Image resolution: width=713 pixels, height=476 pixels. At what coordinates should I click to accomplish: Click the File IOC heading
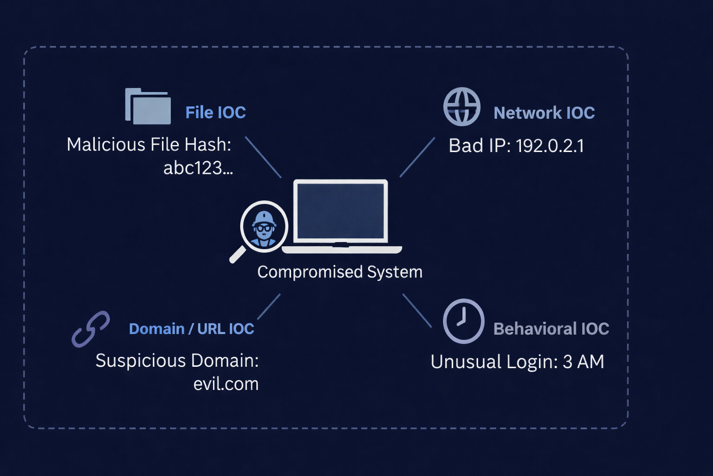[215, 112]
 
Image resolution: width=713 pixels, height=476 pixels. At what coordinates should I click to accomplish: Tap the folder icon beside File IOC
[148, 106]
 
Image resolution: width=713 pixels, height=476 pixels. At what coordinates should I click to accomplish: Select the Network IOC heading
[544, 113]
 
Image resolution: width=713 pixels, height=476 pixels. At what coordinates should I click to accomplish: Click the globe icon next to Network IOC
[462, 107]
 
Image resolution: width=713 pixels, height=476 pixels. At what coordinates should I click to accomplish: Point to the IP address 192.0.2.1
[550, 146]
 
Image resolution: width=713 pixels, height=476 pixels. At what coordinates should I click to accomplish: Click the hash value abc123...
[198, 168]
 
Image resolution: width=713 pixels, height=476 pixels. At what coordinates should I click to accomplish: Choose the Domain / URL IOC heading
[191, 329]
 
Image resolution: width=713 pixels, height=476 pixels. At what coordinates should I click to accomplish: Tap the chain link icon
[91, 329]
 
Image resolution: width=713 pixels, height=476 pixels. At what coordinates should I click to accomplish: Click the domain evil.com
[226, 384]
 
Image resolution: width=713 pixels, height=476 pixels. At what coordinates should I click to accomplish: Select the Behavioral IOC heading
[551, 329]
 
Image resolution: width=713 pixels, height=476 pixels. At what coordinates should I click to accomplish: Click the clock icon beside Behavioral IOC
[463, 321]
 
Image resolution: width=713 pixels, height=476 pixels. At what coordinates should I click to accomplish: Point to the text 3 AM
[583, 362]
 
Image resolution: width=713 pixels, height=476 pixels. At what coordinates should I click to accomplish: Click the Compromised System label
[340, 272]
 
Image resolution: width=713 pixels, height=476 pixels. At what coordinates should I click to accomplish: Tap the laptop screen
[341, 211]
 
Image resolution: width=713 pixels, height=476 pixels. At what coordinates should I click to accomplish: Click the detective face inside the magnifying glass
[264, 227]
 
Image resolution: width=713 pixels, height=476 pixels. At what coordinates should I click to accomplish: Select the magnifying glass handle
[238, 254]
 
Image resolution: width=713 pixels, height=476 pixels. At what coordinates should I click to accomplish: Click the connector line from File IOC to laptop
[263, 157]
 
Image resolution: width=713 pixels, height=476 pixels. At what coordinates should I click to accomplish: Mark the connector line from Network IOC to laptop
[417, 157]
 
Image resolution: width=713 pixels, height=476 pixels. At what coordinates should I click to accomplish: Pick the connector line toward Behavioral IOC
[417, 310]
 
